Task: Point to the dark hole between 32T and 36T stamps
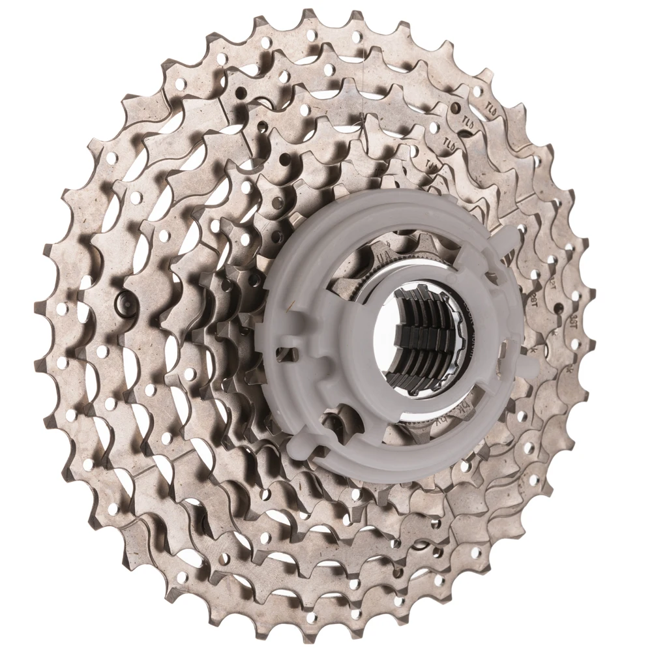click(558, 307)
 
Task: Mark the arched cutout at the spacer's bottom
click(341, 417)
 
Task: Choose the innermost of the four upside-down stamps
click(431, 164)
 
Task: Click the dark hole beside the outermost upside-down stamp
click(457, 108)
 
